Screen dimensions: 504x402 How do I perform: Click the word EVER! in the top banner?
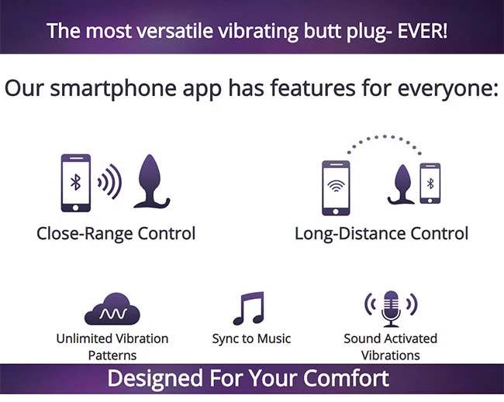(422, 31)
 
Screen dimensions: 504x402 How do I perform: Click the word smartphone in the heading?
(113, 88)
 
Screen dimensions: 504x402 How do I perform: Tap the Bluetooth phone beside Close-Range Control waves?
(75, 183)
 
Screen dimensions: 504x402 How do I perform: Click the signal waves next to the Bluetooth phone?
(110, 182)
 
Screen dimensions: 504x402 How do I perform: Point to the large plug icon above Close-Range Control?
(150, 182)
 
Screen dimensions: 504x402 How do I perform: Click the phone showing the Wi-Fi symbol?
(336, 188)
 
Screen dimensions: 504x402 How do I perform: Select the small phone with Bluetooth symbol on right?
(430, 184)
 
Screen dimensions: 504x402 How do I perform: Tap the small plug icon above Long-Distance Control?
(402, 185)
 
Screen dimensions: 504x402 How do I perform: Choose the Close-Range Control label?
(116, 233)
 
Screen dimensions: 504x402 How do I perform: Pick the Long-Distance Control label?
(381, 233)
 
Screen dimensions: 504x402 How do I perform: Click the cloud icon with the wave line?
(112, 309)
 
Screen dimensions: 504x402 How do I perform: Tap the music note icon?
(249, 308)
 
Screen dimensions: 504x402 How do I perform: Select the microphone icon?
(391, 309)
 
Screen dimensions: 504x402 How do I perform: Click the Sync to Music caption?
(251, 338)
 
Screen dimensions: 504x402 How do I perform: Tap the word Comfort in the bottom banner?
(346, 378)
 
